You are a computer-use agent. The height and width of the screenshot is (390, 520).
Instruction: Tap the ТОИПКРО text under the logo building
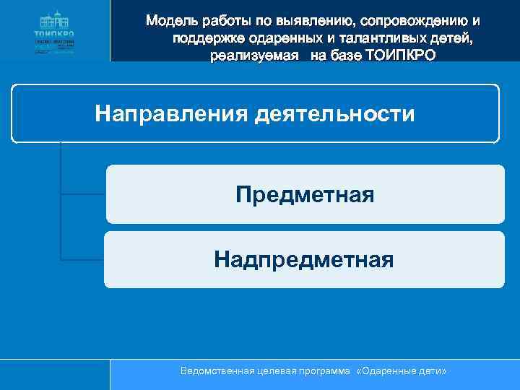(54, 33)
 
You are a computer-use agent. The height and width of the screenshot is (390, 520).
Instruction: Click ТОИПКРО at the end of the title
(400, 56)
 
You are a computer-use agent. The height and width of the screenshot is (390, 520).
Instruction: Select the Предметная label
(305, 194)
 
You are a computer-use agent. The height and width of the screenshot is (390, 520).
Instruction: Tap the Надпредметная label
(304, 259)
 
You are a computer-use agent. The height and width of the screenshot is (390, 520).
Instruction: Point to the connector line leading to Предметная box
(83, 194)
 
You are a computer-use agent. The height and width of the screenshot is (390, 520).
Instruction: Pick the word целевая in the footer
(275, 370)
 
